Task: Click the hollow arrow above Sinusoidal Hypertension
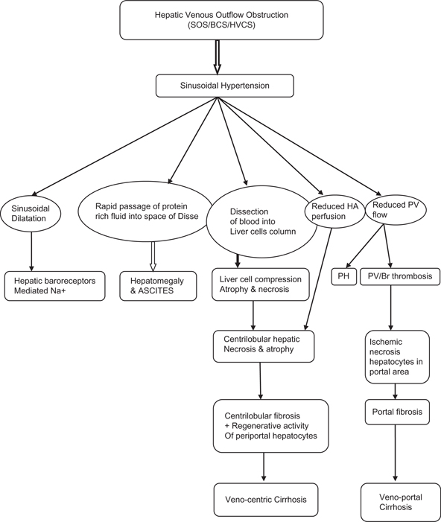[218, 57]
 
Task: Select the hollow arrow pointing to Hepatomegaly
[153, 252]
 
